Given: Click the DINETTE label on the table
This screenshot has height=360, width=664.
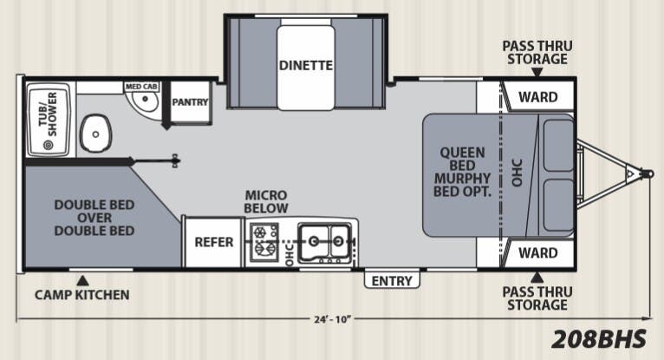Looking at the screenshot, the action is (305, 66).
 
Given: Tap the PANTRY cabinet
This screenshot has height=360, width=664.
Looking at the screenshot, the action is (190, 101).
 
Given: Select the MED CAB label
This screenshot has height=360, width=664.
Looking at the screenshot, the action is (141, 87).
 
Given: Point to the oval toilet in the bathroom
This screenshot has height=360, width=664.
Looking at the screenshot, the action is (95, 134).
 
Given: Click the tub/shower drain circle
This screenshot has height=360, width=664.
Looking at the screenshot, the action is (49, 145).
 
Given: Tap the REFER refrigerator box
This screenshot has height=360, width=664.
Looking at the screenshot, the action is (214, 242).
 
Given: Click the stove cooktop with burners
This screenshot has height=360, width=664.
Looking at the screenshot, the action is (264, 242).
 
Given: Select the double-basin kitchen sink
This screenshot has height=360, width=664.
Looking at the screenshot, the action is (325, 242).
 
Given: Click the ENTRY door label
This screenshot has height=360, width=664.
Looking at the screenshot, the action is (392, 281).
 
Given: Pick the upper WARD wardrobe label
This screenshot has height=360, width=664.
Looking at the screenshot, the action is (537, 97).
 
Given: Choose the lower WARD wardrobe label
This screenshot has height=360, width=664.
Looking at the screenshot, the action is (537, 253).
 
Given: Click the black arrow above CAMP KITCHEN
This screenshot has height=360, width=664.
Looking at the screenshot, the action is (82, 280).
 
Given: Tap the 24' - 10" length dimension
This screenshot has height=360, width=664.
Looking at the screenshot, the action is (333, 319).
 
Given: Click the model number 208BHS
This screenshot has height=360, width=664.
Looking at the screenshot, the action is (599, 339).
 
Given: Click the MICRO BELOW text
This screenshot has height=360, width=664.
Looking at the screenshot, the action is (266, 202).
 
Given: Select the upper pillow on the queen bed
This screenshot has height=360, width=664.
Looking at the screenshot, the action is (558, 145).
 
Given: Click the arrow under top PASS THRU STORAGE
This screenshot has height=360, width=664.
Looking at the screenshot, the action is (537, 72).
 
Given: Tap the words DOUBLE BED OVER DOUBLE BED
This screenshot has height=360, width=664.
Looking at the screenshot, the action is (94, 218).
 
